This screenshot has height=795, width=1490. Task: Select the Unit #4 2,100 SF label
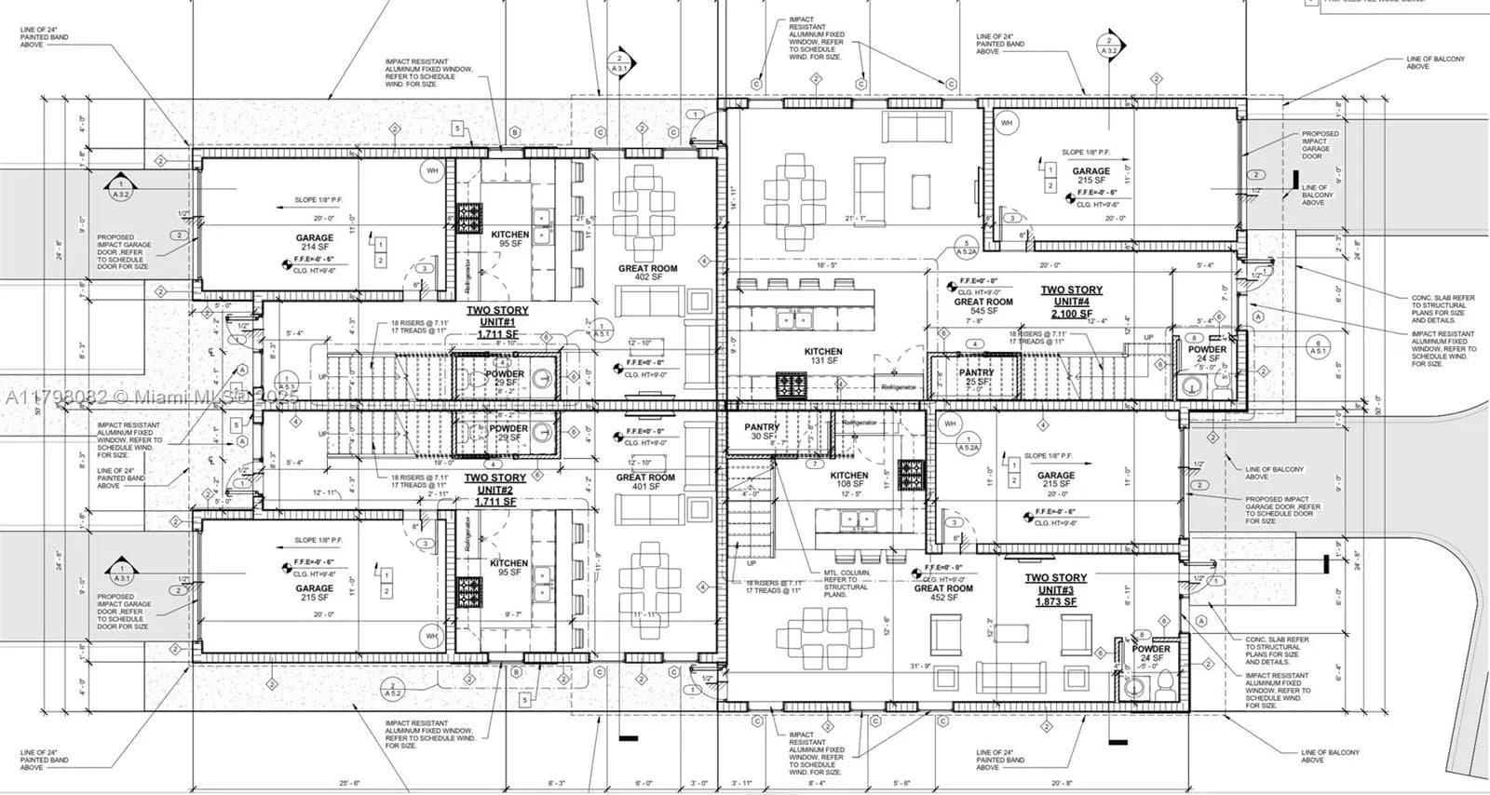[1071, 302]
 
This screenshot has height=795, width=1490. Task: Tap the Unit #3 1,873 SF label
[1055, 589]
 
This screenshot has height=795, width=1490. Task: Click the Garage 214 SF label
[315, 243]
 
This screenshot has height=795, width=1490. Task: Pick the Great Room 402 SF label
[647, 273]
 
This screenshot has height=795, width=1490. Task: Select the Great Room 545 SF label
[983, 306]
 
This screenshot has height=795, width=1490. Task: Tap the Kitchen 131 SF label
[823, 357]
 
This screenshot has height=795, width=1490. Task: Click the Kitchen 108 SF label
[848, 479]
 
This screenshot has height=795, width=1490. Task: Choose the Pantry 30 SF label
[762, 432]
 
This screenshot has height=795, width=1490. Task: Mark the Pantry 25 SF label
[976, 377]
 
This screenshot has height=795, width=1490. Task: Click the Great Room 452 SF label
[942, 593]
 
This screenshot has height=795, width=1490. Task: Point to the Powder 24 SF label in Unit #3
[1151, 654]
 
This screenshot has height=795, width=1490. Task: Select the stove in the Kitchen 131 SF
[792, 384]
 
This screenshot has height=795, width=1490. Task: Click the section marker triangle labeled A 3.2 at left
[120, 187]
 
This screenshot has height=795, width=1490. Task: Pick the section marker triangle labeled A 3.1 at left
[120, 570]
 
